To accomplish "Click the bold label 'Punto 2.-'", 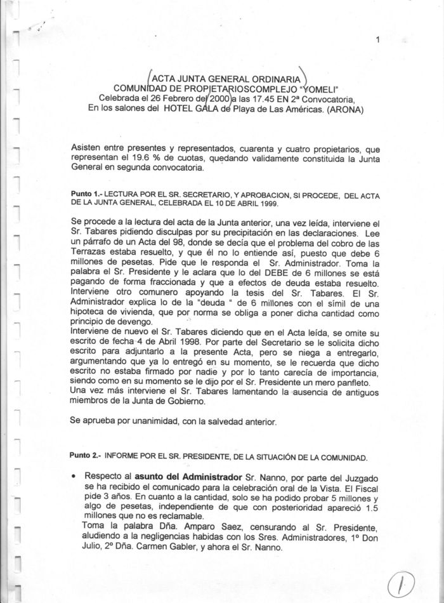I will click(x=87, y=456).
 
